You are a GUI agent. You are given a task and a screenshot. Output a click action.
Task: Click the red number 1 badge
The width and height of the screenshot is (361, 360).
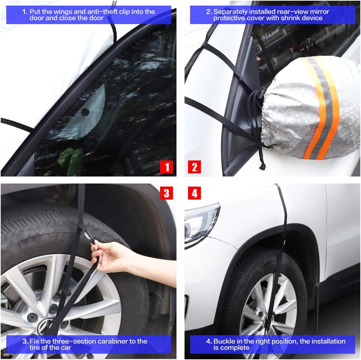pos(166,167)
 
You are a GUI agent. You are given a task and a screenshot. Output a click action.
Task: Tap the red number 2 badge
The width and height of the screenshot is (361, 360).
pos(194,167)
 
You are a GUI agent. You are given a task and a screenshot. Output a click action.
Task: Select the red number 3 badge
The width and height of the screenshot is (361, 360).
pos(166,193)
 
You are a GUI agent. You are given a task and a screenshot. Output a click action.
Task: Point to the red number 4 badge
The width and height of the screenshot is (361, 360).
pos(194,193)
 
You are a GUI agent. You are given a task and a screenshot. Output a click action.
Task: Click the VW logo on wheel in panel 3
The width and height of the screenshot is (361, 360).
pos(44,324)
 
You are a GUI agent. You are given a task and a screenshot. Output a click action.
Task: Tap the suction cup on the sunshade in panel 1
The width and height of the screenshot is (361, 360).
pos(85,112)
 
